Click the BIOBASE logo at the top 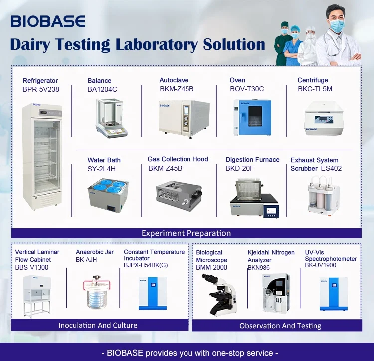pyautogui.click(x=48, y=21)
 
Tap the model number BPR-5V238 pyautogui.click(x=41, y=89)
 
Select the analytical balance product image pyautogui.click(x=111, y=118)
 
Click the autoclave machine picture pyautogui.click(x=184, y=119)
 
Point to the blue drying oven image pyautogui.click(x=252, y=117)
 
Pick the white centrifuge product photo pyautogui.click(x=324, y=119)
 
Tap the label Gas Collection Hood pyautogui.click(x=178, y=159)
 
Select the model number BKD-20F pyautogui.click(x=240, y=169)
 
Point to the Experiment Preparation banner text pyautogui.click(x=187, y=233)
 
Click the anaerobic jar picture pyautogui.click(x=97, y=292)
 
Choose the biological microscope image pyautogui.click(x=219, y=295)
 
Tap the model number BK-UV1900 pyautogui.click(x=320, y=265)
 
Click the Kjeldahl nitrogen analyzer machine pyautogui.click(x=276, y=293)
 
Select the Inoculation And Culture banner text pyautogui.click(x=98, y=325)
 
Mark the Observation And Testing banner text pyautogui.click(x=280, y=326)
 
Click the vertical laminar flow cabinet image pyautogui.click(x=37, y=296)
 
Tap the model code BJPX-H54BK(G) pyautogui.click(x=146, y=265)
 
